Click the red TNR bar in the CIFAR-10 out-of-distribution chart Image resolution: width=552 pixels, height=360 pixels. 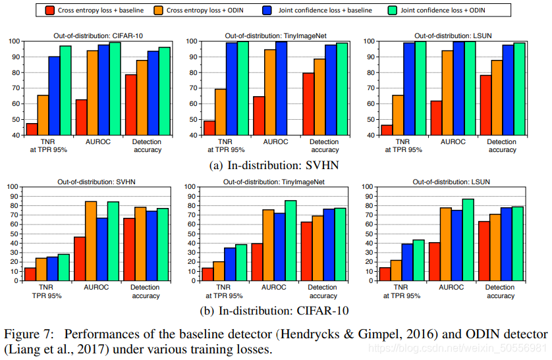(32, 129)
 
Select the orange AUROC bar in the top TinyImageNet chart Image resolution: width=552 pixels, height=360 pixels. (269, 92)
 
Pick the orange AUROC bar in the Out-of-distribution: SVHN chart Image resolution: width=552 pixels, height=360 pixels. (91, 240)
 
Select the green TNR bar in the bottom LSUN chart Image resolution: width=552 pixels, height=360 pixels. (418, 259)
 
